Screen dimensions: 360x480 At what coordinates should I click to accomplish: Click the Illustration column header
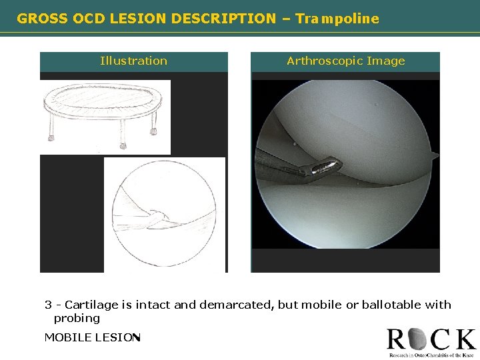(x=133, y=61)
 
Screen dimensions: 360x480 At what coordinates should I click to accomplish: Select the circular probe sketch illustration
(x=165, y=215)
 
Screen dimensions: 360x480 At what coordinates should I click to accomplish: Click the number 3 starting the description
(x=48, y=305)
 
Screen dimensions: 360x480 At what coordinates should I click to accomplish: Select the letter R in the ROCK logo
(x=397, y=340)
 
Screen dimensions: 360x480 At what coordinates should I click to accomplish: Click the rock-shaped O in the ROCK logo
(x=419, y=340)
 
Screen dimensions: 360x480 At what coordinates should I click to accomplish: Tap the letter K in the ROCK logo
(x=464, y=340)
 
